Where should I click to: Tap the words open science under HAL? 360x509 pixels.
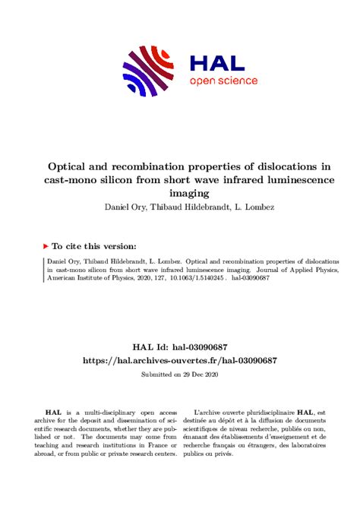[223, 81]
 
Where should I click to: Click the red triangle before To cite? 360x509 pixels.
[46, 246]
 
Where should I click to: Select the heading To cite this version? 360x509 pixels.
[95, 246]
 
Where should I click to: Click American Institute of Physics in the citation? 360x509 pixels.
[84, 280]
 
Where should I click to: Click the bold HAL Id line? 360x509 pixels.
[180, 346]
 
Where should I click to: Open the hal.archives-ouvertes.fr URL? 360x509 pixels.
[180, 361]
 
